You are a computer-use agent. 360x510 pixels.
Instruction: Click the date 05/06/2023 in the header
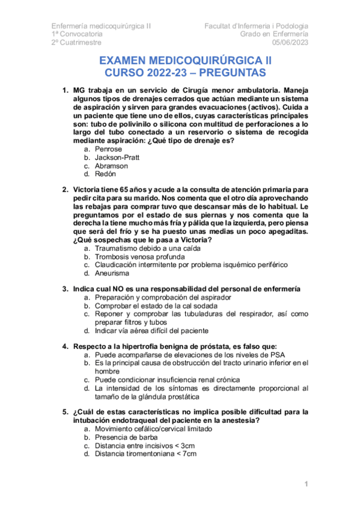click(290, 42)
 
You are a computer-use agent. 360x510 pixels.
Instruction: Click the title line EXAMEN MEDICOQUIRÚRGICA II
click(185, 61)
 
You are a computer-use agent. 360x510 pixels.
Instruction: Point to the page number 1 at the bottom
click(306, 484)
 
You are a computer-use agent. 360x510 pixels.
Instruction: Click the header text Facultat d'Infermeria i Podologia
click(257, 26)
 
